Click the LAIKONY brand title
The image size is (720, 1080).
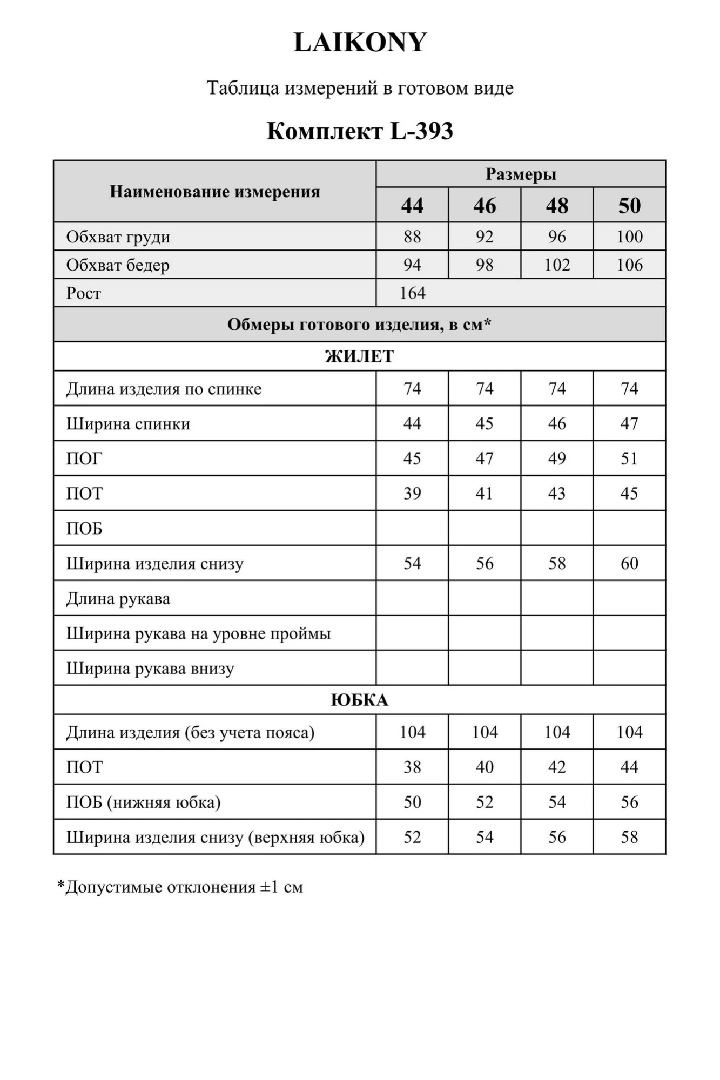360,43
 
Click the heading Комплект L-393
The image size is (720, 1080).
360,131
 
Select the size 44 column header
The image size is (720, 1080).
412,206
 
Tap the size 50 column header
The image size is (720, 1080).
629,206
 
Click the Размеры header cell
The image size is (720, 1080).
521,174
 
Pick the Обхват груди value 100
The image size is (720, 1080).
629,237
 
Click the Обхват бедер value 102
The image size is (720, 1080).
557,265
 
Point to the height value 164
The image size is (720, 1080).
413,293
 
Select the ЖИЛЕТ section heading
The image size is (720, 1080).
359,356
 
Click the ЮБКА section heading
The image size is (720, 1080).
359,700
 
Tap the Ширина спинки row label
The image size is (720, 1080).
129,424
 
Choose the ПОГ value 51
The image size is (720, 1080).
629,458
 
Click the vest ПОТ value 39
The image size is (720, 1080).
412,494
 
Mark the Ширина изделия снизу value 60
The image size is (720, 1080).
629,563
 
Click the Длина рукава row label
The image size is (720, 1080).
118,599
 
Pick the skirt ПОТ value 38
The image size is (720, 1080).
412,767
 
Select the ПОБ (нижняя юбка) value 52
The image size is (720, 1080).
485,802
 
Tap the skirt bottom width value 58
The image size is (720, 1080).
629,837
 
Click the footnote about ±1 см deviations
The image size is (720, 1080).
180,887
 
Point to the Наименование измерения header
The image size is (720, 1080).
215,192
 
